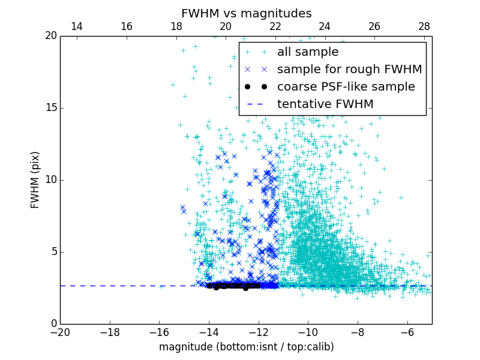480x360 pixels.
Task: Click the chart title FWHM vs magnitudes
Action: tap(246, 13)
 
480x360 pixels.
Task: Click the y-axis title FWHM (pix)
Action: tap(35, 180)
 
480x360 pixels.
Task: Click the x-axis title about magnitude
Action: tap(246, 347)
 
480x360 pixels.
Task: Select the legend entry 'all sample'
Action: tap(308, 52)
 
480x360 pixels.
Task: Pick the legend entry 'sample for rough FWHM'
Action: tap(349, 70)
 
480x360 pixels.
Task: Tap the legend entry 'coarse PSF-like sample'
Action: tap(346, 87)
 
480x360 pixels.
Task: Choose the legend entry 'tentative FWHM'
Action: tap(325, 104)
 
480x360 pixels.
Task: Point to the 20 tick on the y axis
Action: tap(50, 36)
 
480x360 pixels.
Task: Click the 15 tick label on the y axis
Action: tap(50, 108)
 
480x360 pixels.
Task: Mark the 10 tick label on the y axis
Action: tap(50, 180)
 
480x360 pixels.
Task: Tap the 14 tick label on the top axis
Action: tap(77, 26)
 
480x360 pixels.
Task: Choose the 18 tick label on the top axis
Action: tap(176, 26)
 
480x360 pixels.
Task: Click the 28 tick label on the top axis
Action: tap(424, 26)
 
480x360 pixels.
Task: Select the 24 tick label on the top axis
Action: tap(325, 26)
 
